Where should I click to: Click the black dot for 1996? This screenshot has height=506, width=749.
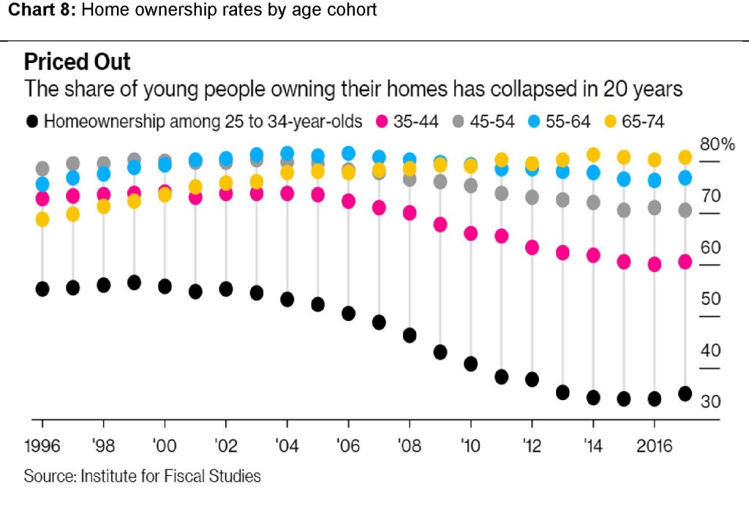point(42,289)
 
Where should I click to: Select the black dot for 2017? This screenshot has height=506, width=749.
point(685,393)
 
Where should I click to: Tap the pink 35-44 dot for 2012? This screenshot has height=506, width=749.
point(532,247)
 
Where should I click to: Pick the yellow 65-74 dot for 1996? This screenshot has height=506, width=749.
point(42,219)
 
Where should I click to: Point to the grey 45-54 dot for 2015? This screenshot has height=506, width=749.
point(624,211)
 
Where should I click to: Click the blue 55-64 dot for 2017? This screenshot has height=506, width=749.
point(685,178)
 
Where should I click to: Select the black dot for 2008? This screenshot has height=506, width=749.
point(410,335)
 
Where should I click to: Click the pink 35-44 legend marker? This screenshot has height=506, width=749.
point(381,121)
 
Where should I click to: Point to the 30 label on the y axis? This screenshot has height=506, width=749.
point(710,402)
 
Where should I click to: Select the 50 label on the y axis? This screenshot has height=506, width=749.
point(710,299)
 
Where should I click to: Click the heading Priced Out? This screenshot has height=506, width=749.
point(78,61)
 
